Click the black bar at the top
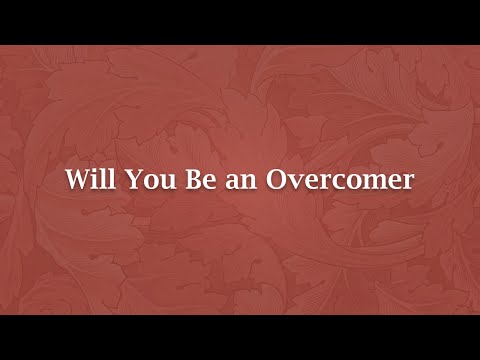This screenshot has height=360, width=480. [x=240, y=21]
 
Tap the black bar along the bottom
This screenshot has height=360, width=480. [x=240, y=338]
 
